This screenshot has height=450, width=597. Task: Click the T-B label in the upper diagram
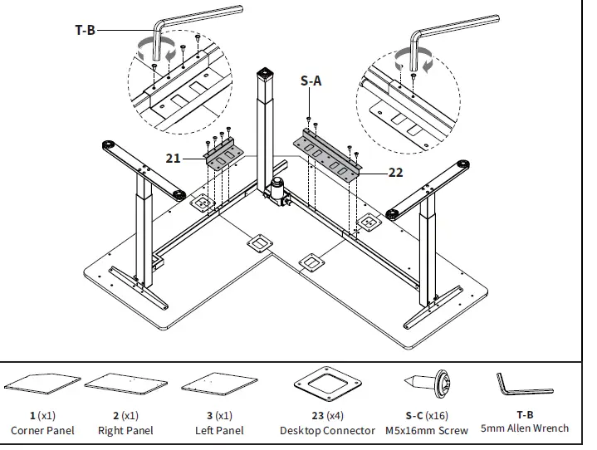tap(86, 30)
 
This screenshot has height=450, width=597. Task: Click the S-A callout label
tap(312, 81)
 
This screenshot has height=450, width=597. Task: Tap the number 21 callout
tap(173, 158)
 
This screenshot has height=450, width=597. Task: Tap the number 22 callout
tap(395, 173)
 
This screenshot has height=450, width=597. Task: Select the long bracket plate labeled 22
tap(328, 154)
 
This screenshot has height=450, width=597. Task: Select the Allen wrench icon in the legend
tap(525, 384)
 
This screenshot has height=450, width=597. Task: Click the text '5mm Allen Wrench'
tap(525, 428)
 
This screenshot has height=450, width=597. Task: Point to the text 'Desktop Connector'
tap(327, 430)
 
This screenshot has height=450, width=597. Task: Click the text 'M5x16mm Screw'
tap(426, 430)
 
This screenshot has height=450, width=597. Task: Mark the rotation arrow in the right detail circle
tap(413, 60)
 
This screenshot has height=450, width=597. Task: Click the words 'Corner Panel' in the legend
tap(42, 430)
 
